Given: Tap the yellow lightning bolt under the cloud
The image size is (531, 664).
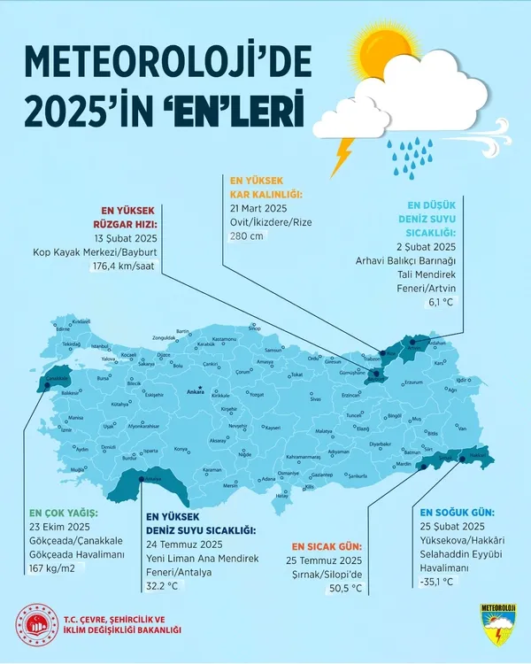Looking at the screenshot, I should (x=342, y=154).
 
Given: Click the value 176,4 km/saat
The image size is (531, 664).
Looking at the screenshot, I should (x=123, y=266).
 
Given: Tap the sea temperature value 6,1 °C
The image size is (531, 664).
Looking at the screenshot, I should (x=440, y=302).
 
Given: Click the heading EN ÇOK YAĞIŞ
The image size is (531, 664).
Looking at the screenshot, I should (x=64, y=513).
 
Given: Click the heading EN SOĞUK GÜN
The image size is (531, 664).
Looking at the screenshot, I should (x=457, y=513).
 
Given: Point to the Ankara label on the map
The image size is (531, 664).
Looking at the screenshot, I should (x=196, y=390).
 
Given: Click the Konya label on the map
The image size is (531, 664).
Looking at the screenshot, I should (x=182, y=450).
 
